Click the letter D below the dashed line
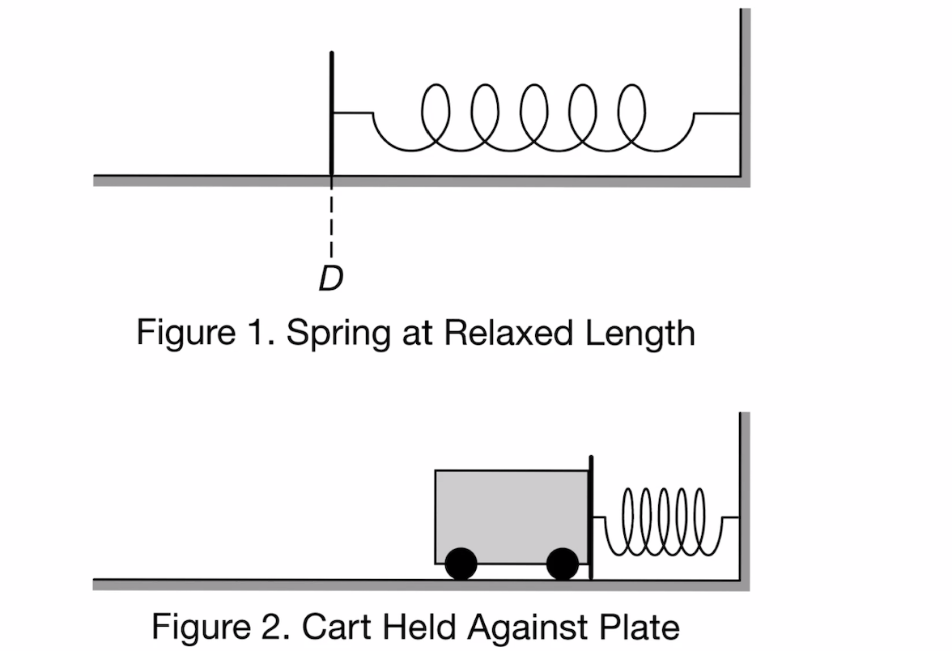[x=330, y=279]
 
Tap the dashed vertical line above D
[x=332, y=219]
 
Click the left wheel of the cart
[x=461, y=564]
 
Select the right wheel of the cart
[x=562, y=564]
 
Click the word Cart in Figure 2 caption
[x=331, y=626]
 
